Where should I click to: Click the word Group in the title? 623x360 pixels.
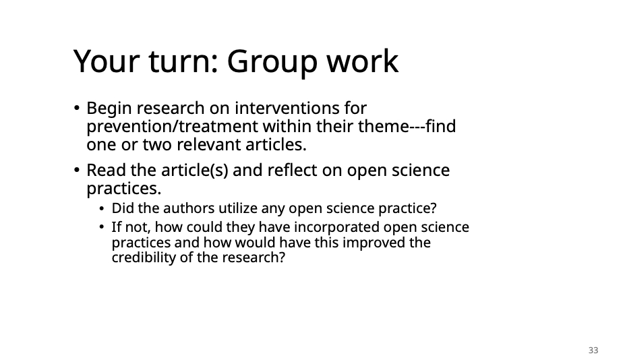pyautogui.click(x=272, y=63)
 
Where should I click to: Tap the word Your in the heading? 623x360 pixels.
pyautogui.click(x=107, y=61)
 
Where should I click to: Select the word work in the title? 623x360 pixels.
pyautogui.click(x=362, y=61)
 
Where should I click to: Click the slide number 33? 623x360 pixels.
pyautogui.click(x=593, y=350)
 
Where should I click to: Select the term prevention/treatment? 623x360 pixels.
pyautogui.click(x=172, y=127)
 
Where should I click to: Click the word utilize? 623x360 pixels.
pyautogui.click(x=237, y=208)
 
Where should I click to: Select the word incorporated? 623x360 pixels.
pyautogui.click(x=336, y=227)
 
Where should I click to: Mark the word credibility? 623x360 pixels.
pyautogui.click(x=144, y=258)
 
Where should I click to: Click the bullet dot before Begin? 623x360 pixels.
pyautogui.click(x=77, y=108)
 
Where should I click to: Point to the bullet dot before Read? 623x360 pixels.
pyautogui.click(x=77, y=170)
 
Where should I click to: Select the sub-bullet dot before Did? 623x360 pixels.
pyautogui.click(x=102, y=208)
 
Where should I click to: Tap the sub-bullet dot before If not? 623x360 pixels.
pyautogui.click(x=102, y=227)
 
